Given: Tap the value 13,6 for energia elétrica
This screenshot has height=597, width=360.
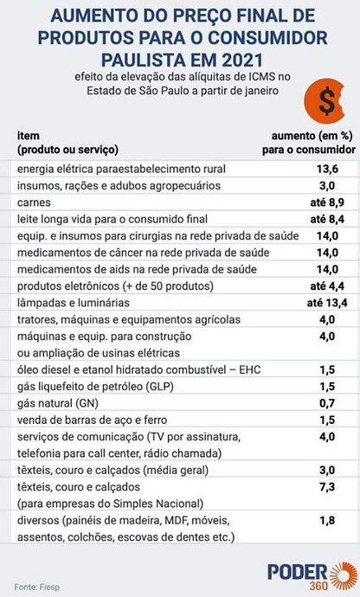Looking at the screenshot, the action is tap(327, 169).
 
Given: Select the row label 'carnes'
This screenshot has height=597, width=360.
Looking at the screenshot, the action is tap(34, 202).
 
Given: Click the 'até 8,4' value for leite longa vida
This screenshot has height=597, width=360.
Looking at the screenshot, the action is tap(327, 219).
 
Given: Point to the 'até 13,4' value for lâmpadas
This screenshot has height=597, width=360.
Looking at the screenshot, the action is tap(327, 303).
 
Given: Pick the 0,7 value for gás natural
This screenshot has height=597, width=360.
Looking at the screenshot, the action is tap(327, 403).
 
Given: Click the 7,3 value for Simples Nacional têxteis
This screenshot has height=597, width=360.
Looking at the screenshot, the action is tap(327, 487).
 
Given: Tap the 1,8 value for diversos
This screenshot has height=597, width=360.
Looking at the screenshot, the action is tap(327, 521).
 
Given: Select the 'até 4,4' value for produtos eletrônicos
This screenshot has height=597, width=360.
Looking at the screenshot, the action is tap(327, 286).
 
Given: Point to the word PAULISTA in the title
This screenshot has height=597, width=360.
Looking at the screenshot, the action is tap(149, 61).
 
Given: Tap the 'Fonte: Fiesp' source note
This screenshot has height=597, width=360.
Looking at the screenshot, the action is tap(37, 587).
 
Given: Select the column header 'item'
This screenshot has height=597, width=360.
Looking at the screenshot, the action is tap(29, 136).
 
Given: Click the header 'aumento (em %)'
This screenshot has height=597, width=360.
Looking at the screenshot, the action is tap(312, 136).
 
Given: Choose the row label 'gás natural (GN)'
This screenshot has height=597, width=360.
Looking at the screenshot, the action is tap(58, 403).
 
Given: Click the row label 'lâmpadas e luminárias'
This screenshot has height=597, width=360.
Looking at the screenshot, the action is tap(74, 303).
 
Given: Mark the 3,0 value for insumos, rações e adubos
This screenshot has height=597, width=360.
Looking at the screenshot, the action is tap(327, 186).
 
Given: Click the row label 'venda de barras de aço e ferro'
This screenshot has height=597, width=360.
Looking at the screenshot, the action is tap(93, 420).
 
